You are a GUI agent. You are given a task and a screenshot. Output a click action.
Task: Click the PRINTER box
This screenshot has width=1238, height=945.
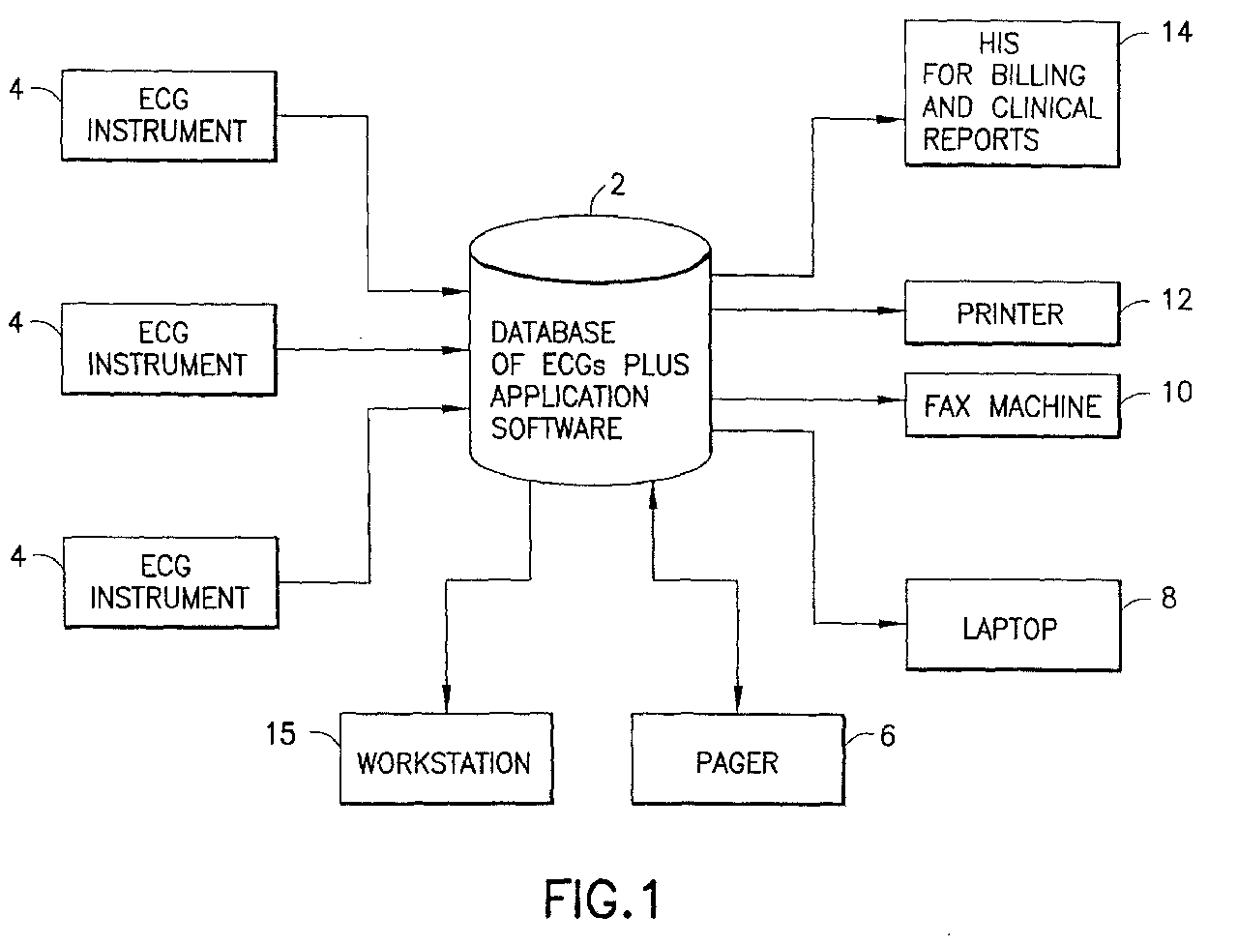click(1012, 313)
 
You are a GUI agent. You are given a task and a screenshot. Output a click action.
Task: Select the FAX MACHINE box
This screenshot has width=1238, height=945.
click(1013, 405)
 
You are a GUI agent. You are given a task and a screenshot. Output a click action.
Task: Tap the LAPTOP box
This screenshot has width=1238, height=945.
click(1013, 625)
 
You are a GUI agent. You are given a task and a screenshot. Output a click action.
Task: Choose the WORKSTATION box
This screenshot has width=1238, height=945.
click(446, 758)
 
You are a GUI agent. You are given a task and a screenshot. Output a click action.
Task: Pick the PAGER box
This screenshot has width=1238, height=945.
click(738, 759)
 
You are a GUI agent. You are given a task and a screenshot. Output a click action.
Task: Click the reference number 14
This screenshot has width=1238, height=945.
click(1176, 33)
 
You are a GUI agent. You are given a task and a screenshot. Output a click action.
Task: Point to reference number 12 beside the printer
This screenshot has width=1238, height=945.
click(1177, 300)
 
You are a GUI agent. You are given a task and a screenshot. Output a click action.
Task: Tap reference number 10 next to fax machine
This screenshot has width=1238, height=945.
click(1177, 392)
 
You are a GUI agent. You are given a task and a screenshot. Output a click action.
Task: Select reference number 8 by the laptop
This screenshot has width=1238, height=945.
click(1168, 598)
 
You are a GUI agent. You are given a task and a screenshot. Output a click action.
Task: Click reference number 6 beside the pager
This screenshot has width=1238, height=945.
click(888, 736)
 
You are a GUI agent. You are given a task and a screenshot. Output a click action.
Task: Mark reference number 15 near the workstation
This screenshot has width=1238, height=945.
click(280, 733)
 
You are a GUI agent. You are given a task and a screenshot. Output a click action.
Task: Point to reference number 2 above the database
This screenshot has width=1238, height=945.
click(618, 185)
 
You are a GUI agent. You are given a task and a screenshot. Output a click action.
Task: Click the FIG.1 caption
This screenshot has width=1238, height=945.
click(602, 899)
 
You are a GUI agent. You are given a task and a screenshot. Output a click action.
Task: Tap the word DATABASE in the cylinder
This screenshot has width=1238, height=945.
click(552, 333)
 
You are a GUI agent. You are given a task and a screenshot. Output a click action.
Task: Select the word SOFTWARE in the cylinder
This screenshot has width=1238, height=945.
click(556, 428)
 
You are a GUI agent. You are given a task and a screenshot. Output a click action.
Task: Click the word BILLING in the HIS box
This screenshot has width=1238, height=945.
click(1039, 75)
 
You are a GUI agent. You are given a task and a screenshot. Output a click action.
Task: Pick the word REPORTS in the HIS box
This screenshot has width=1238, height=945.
click(981, 139)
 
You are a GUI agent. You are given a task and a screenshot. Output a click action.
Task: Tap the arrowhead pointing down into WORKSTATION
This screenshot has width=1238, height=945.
click(446, 699)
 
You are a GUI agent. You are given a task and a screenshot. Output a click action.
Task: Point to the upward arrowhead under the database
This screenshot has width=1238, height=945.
click(653, 497)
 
